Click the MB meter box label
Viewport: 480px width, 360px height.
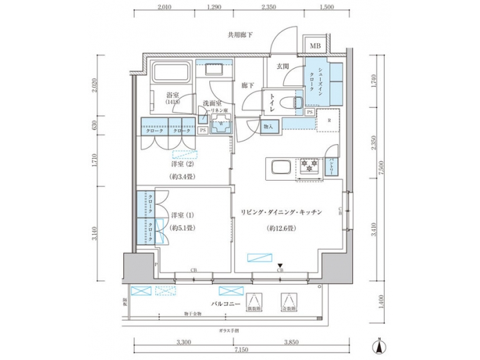click(x=315, y=46)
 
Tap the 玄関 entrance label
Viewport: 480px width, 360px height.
click(x=283, y=66)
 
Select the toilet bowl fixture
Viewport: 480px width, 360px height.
click(x=291, y=102)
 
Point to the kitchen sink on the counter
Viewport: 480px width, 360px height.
click(x=280, y=166)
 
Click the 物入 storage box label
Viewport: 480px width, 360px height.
click(x=268, y=126)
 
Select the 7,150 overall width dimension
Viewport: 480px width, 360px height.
click(x=233, y=349)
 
